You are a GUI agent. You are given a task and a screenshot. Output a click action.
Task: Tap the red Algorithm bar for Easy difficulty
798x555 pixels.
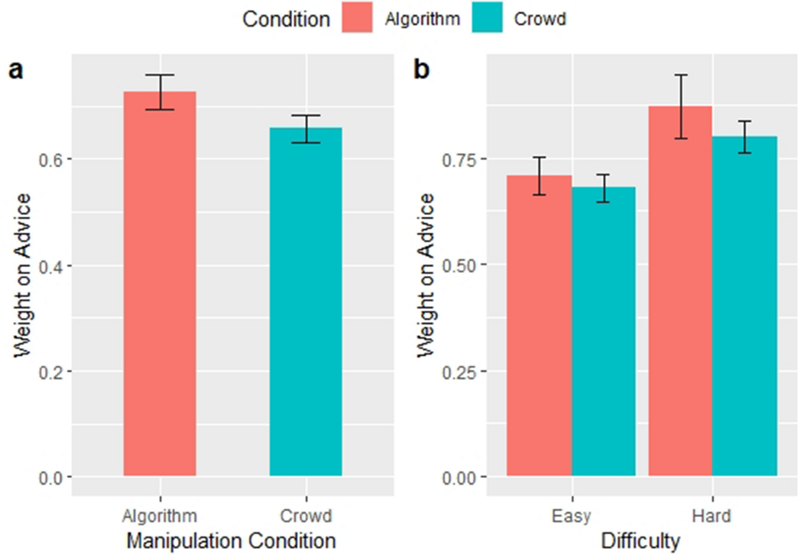[539, 326]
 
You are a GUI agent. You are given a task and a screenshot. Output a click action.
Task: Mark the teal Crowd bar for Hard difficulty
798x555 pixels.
[745, 306]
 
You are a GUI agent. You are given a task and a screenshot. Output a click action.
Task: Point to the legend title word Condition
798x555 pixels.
[286, 19]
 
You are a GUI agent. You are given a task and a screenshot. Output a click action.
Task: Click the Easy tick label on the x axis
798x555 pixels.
[571, 516]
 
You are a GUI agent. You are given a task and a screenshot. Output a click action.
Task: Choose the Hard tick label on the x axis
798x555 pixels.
[712, 516]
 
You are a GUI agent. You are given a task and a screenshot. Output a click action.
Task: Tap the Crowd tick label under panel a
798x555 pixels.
[305, 516]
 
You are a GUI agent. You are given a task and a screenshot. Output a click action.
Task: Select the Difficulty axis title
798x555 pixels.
[640, 540]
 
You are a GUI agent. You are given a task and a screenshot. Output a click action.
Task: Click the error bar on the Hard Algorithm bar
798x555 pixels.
[680, 106]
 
